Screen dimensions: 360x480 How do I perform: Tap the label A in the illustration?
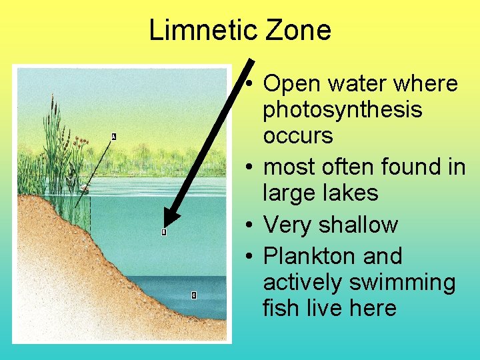pos(113,137)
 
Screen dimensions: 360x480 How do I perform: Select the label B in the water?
pos(163,232)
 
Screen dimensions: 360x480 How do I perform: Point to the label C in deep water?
pos(193,295)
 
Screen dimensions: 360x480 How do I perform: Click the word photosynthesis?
pos(343,110)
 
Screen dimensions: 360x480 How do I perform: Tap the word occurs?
pos(298,136)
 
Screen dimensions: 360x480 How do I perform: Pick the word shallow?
pos(358,225)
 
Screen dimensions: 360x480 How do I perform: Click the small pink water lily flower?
pos(83,189)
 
